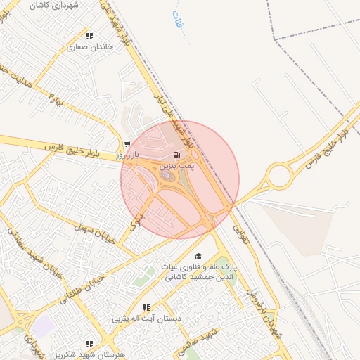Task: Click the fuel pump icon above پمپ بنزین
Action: click(175, 155)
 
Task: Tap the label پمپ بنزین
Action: click(175, 166)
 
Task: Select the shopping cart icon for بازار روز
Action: click(127, 143)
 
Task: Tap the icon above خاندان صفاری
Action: click(89, 36)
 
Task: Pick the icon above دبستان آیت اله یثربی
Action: click(146, 307)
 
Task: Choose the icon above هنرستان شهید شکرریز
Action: click(89, 344)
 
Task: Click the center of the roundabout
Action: click(279, 175)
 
